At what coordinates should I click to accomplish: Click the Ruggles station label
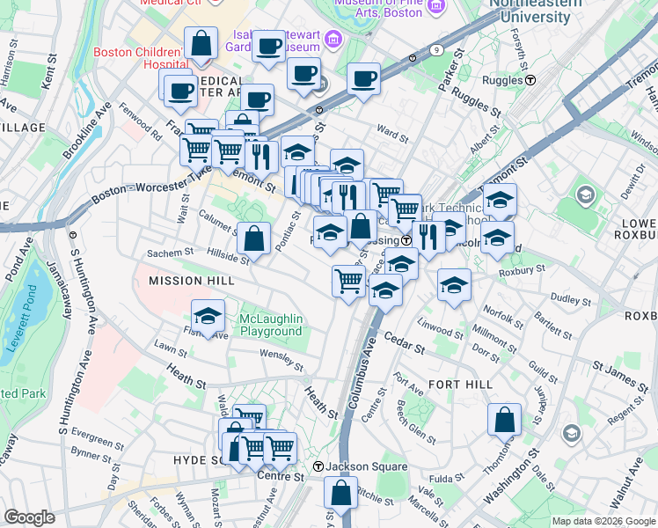tap(505, 79)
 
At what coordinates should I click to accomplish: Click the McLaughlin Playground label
tap(273, 325)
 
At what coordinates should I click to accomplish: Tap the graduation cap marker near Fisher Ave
tap(208, 316)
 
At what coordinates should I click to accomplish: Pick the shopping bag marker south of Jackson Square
tap(340, 493)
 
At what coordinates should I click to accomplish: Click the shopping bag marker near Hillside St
tap(254, 238)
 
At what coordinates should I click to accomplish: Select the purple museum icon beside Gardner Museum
tap(333, 40)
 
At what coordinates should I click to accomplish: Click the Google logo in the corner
tap(30, 517)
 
